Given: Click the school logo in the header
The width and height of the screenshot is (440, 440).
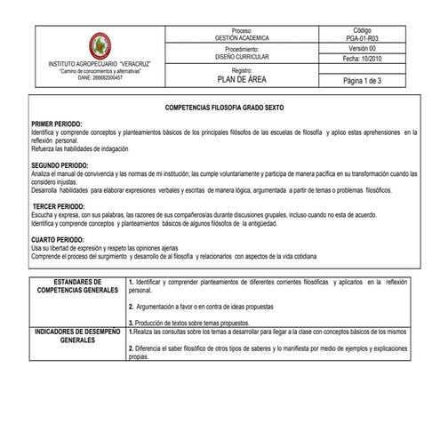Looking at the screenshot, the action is pos(100,47).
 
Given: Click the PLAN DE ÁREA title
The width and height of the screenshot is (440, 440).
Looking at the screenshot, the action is pos(242,79).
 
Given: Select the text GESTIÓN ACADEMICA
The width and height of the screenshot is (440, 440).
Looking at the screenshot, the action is pos(242,39).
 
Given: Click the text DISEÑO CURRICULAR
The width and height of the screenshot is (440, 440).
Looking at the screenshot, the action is pos(242,56).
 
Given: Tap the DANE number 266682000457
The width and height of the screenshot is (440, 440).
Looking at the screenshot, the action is pos(101,77).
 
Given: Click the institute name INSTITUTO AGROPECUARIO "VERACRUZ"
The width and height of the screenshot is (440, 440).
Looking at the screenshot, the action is pos(101,65).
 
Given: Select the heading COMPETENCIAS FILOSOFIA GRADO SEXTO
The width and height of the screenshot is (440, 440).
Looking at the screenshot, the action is pos(219,105).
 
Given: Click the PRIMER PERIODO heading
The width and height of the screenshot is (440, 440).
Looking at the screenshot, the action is pos(57,124).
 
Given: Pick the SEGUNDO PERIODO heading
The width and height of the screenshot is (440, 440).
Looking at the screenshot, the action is pos(60,165).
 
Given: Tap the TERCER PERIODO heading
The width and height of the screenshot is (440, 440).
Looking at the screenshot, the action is pos(59,205).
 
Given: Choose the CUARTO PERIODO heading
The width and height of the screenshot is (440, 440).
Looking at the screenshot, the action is pos(59,239).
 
